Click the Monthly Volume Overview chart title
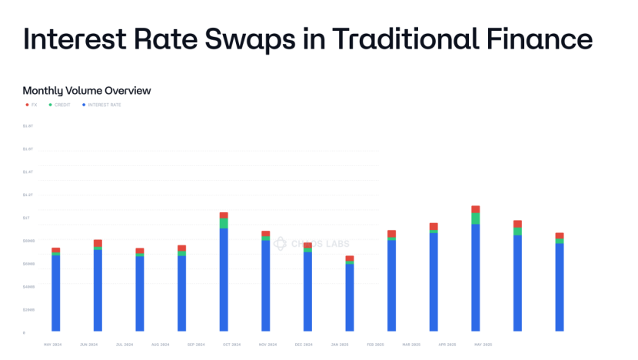[x=87, y=91]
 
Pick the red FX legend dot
[x=27, y=105]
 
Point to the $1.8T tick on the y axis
[x=28, y=125]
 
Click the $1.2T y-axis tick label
[x=28, y=195]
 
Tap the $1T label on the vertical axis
[x=26, y=218]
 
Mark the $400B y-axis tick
[x=28, y=286]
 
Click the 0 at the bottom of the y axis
[x=24, y=332]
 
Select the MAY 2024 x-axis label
[x=53, y=345]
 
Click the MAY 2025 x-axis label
[x=483, y=345]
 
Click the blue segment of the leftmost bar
[x=56, y=292]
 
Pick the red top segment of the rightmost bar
[x=560, y=235]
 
